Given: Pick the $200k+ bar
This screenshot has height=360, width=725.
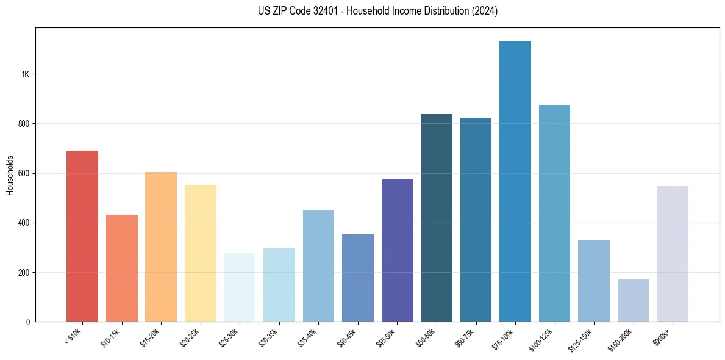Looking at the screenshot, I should [x=673, y=254].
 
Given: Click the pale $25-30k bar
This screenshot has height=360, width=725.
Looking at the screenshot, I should [x=240, y=287].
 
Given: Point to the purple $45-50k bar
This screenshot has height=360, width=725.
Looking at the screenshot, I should [x=397, y=250].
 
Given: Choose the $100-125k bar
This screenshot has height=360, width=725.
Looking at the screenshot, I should [x=554, y=213].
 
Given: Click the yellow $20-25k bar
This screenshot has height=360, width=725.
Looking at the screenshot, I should [x=201, y=253].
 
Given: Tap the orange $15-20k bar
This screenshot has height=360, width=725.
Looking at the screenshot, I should [x=161, y=247].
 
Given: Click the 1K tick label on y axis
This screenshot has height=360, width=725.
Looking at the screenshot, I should [x=25, y=74].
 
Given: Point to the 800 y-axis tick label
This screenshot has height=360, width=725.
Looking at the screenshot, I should [x=23, y=124].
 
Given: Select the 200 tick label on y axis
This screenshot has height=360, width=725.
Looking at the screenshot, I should [x=23, y=272].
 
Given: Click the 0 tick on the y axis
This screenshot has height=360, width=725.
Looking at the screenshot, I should [x=27, y=322].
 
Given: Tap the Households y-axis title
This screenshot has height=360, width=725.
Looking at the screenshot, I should [x=10, y=175].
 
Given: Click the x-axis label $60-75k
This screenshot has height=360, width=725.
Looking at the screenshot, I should [x=465, y=337].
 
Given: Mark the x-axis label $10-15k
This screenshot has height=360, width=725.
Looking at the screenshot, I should [x=110, y=337].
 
